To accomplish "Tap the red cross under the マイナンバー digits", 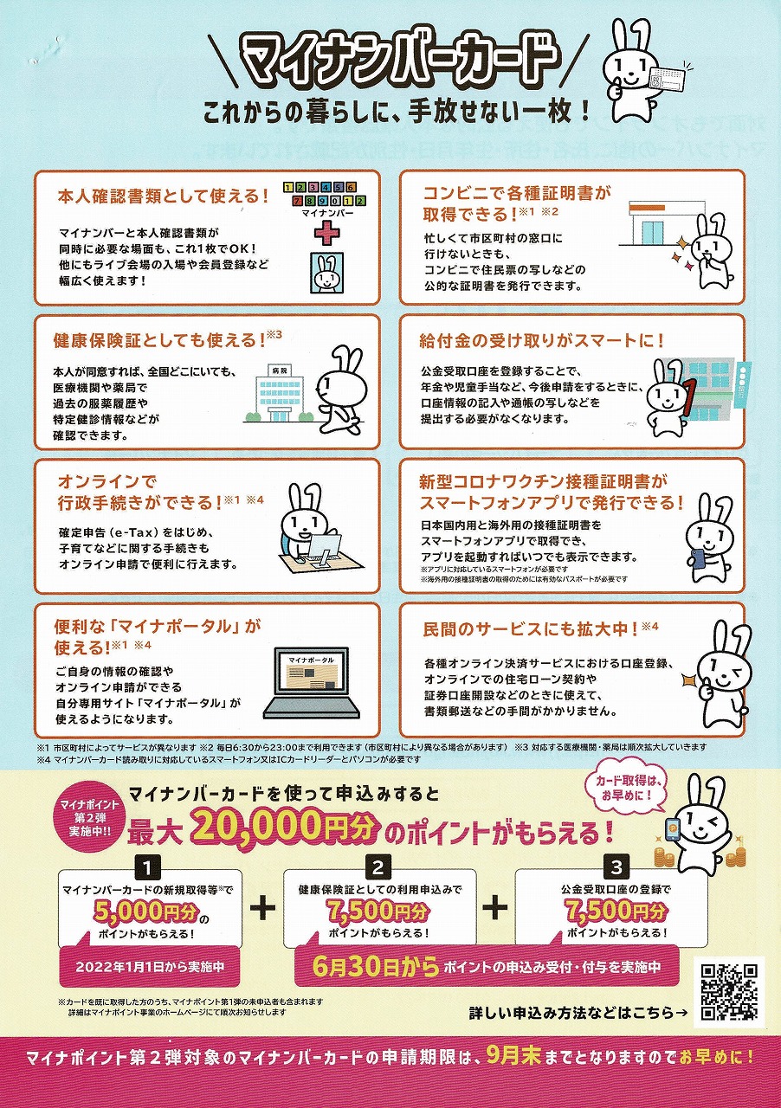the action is pyautogui.click(x=326, y=233).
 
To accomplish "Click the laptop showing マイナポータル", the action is pyautogui.click(x=313, y=683).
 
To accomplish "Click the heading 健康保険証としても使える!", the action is pyautogui.click(x=162, y=340).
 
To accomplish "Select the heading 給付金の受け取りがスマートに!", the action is pyautogui.click(x=541, y=341).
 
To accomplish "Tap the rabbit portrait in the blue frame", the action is pyautogui.click(x=326, y=273).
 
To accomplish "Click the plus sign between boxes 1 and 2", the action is pyautogui.click(x=263, y=907).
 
